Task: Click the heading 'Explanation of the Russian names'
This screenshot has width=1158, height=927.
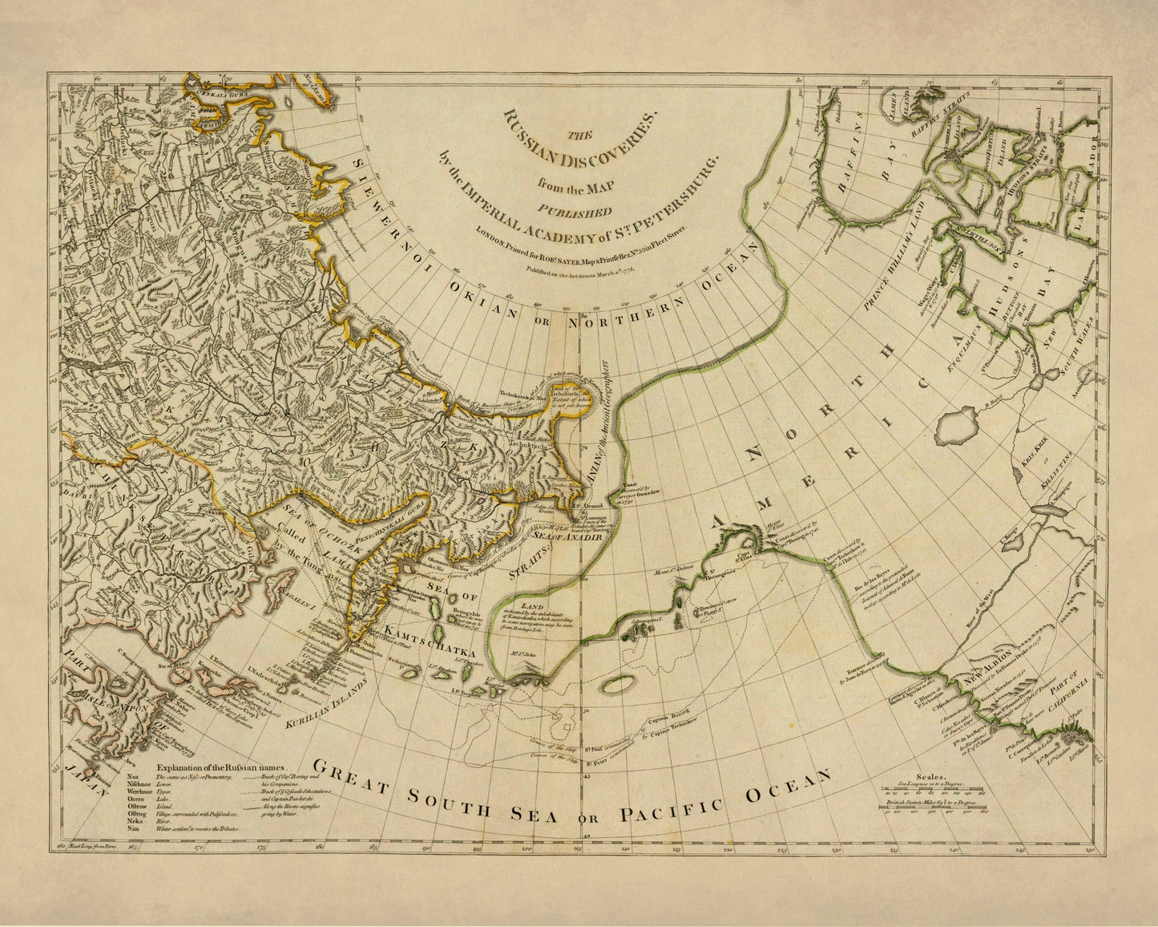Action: coord(227,766)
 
